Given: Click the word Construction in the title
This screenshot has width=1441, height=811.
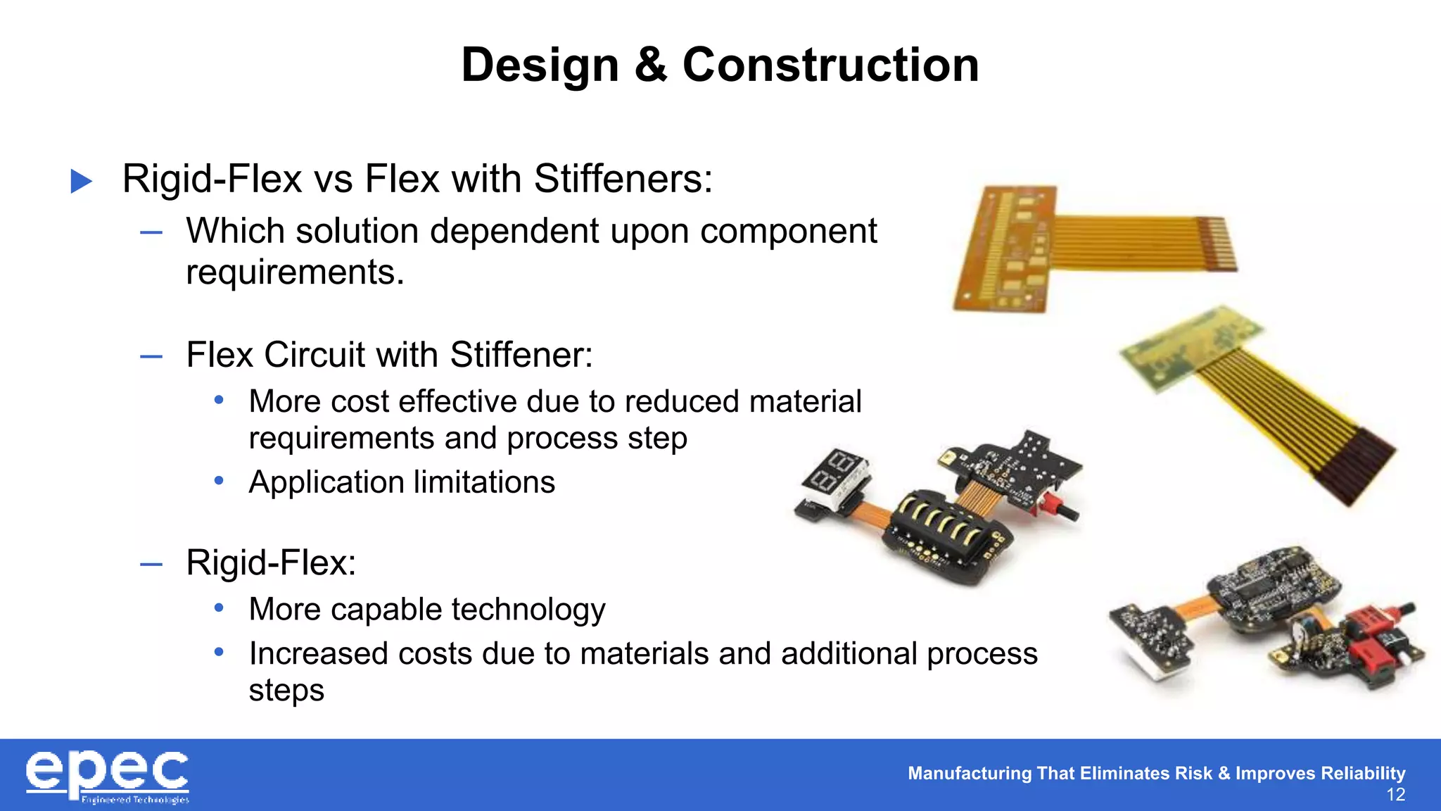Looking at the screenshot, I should (x=830, y=65).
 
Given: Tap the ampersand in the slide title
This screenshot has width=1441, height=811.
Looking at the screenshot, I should (x=650, y=65).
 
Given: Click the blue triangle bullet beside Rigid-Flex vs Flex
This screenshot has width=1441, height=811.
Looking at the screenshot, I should (x=82, y=181).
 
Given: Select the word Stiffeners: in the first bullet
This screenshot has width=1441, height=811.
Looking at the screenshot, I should (x=623, y=179).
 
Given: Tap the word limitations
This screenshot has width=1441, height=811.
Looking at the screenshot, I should (x=485, y=482).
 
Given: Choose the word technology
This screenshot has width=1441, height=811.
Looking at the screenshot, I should (x=528, y=610).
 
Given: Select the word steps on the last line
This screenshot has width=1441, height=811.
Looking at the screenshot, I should (x=286, y=691).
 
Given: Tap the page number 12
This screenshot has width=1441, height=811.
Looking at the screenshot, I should (x=1395, y=796).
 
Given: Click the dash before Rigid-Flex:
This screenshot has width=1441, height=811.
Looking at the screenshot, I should (x=151, y=563).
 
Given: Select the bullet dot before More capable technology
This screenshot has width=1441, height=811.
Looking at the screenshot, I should (x=219, y=608).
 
